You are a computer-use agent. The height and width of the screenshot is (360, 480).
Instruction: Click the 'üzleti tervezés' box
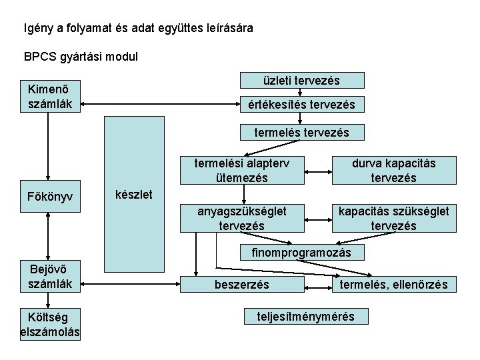pos(302,81)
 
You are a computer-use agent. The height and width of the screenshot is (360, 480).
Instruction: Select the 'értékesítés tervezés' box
pos(302,105)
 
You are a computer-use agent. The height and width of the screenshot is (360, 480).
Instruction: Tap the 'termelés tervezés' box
pos(302,132)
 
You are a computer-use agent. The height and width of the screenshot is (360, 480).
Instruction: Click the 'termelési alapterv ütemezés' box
pos(241,170)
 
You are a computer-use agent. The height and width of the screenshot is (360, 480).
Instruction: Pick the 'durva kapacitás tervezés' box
pos(395,170)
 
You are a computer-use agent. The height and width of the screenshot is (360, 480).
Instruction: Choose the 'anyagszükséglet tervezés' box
pos(241,218)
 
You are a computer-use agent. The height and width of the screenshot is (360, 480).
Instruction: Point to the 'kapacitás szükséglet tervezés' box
pos(395,218)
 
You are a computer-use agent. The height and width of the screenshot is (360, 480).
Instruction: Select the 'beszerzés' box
pos(242,285)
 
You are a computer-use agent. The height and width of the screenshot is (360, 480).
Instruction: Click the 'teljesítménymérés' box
pos(306,317)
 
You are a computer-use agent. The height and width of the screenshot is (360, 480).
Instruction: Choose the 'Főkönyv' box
pos(49,197)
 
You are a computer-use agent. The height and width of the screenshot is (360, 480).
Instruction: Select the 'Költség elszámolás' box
pos(51,324)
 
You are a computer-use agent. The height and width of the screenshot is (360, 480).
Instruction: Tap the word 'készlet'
pos(135,195)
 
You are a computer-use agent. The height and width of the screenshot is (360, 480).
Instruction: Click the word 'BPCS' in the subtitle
pos(39,57)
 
